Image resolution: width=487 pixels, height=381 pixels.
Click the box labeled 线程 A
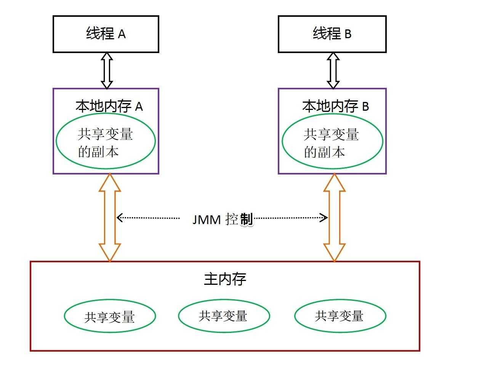click(106, 34)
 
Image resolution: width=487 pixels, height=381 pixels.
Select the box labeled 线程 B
click(332, 34)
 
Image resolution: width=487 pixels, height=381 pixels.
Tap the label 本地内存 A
click(109, 106)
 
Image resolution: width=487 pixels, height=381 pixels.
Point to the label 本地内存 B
click(335, 106)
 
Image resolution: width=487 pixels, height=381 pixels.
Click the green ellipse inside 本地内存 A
click(106, 141)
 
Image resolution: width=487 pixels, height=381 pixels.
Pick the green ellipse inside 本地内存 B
click(332, 141)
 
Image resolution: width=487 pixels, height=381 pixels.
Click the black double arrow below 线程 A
click(107, 71)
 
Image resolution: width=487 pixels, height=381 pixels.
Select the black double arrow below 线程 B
click(333, 71)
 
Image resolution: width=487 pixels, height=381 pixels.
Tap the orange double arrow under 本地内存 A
click(110, 218)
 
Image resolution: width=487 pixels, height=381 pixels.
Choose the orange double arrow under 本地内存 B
click(335, 218)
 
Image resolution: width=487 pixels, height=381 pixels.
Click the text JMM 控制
click(223, 220)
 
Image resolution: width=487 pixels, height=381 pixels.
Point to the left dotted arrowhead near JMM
click(119, 218)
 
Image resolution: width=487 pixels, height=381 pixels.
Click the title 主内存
click(225, 279)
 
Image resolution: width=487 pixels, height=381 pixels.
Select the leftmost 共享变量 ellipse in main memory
click(110, 316)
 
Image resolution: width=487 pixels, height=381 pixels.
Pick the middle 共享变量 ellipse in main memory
click(224, 316)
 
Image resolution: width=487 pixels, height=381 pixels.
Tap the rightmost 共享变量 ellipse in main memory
click(340, 316)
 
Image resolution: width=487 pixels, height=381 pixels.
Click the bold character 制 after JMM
click(247, 220)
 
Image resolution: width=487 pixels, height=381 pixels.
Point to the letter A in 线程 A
click(122, 34)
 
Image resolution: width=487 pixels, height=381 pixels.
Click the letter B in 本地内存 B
click(365, 107)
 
